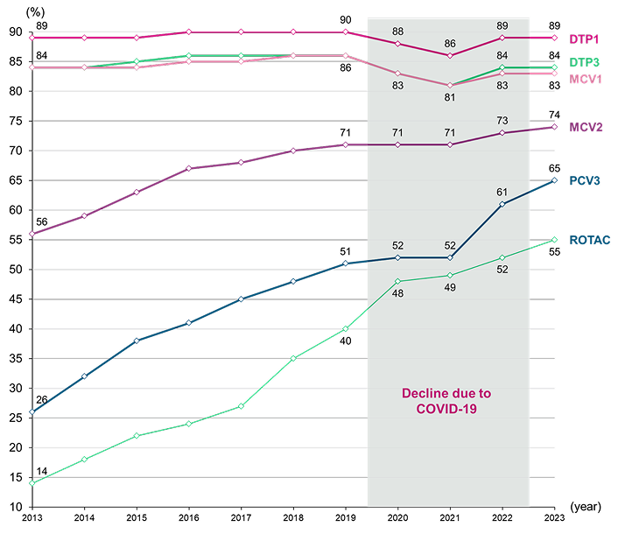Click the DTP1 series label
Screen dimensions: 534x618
pos(584,39)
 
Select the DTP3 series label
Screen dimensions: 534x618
pos(584,63)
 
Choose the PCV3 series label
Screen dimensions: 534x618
pos(584,181)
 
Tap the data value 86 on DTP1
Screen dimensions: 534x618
pos(450,44)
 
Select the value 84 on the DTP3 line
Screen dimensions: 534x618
pos(502,55)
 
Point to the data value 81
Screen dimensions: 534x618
pos(450,97)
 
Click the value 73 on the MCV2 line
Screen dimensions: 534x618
pos(502,121)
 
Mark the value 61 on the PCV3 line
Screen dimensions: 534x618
pos(502,192)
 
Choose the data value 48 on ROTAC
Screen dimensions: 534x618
pos(397,293)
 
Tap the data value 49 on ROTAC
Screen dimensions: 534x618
pos(450,287)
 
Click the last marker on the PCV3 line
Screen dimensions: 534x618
pos(554,180)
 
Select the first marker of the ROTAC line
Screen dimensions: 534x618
pos(32,482)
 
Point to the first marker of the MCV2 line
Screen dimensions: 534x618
pos(32,234)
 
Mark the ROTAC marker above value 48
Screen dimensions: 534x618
pos(397,281)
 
